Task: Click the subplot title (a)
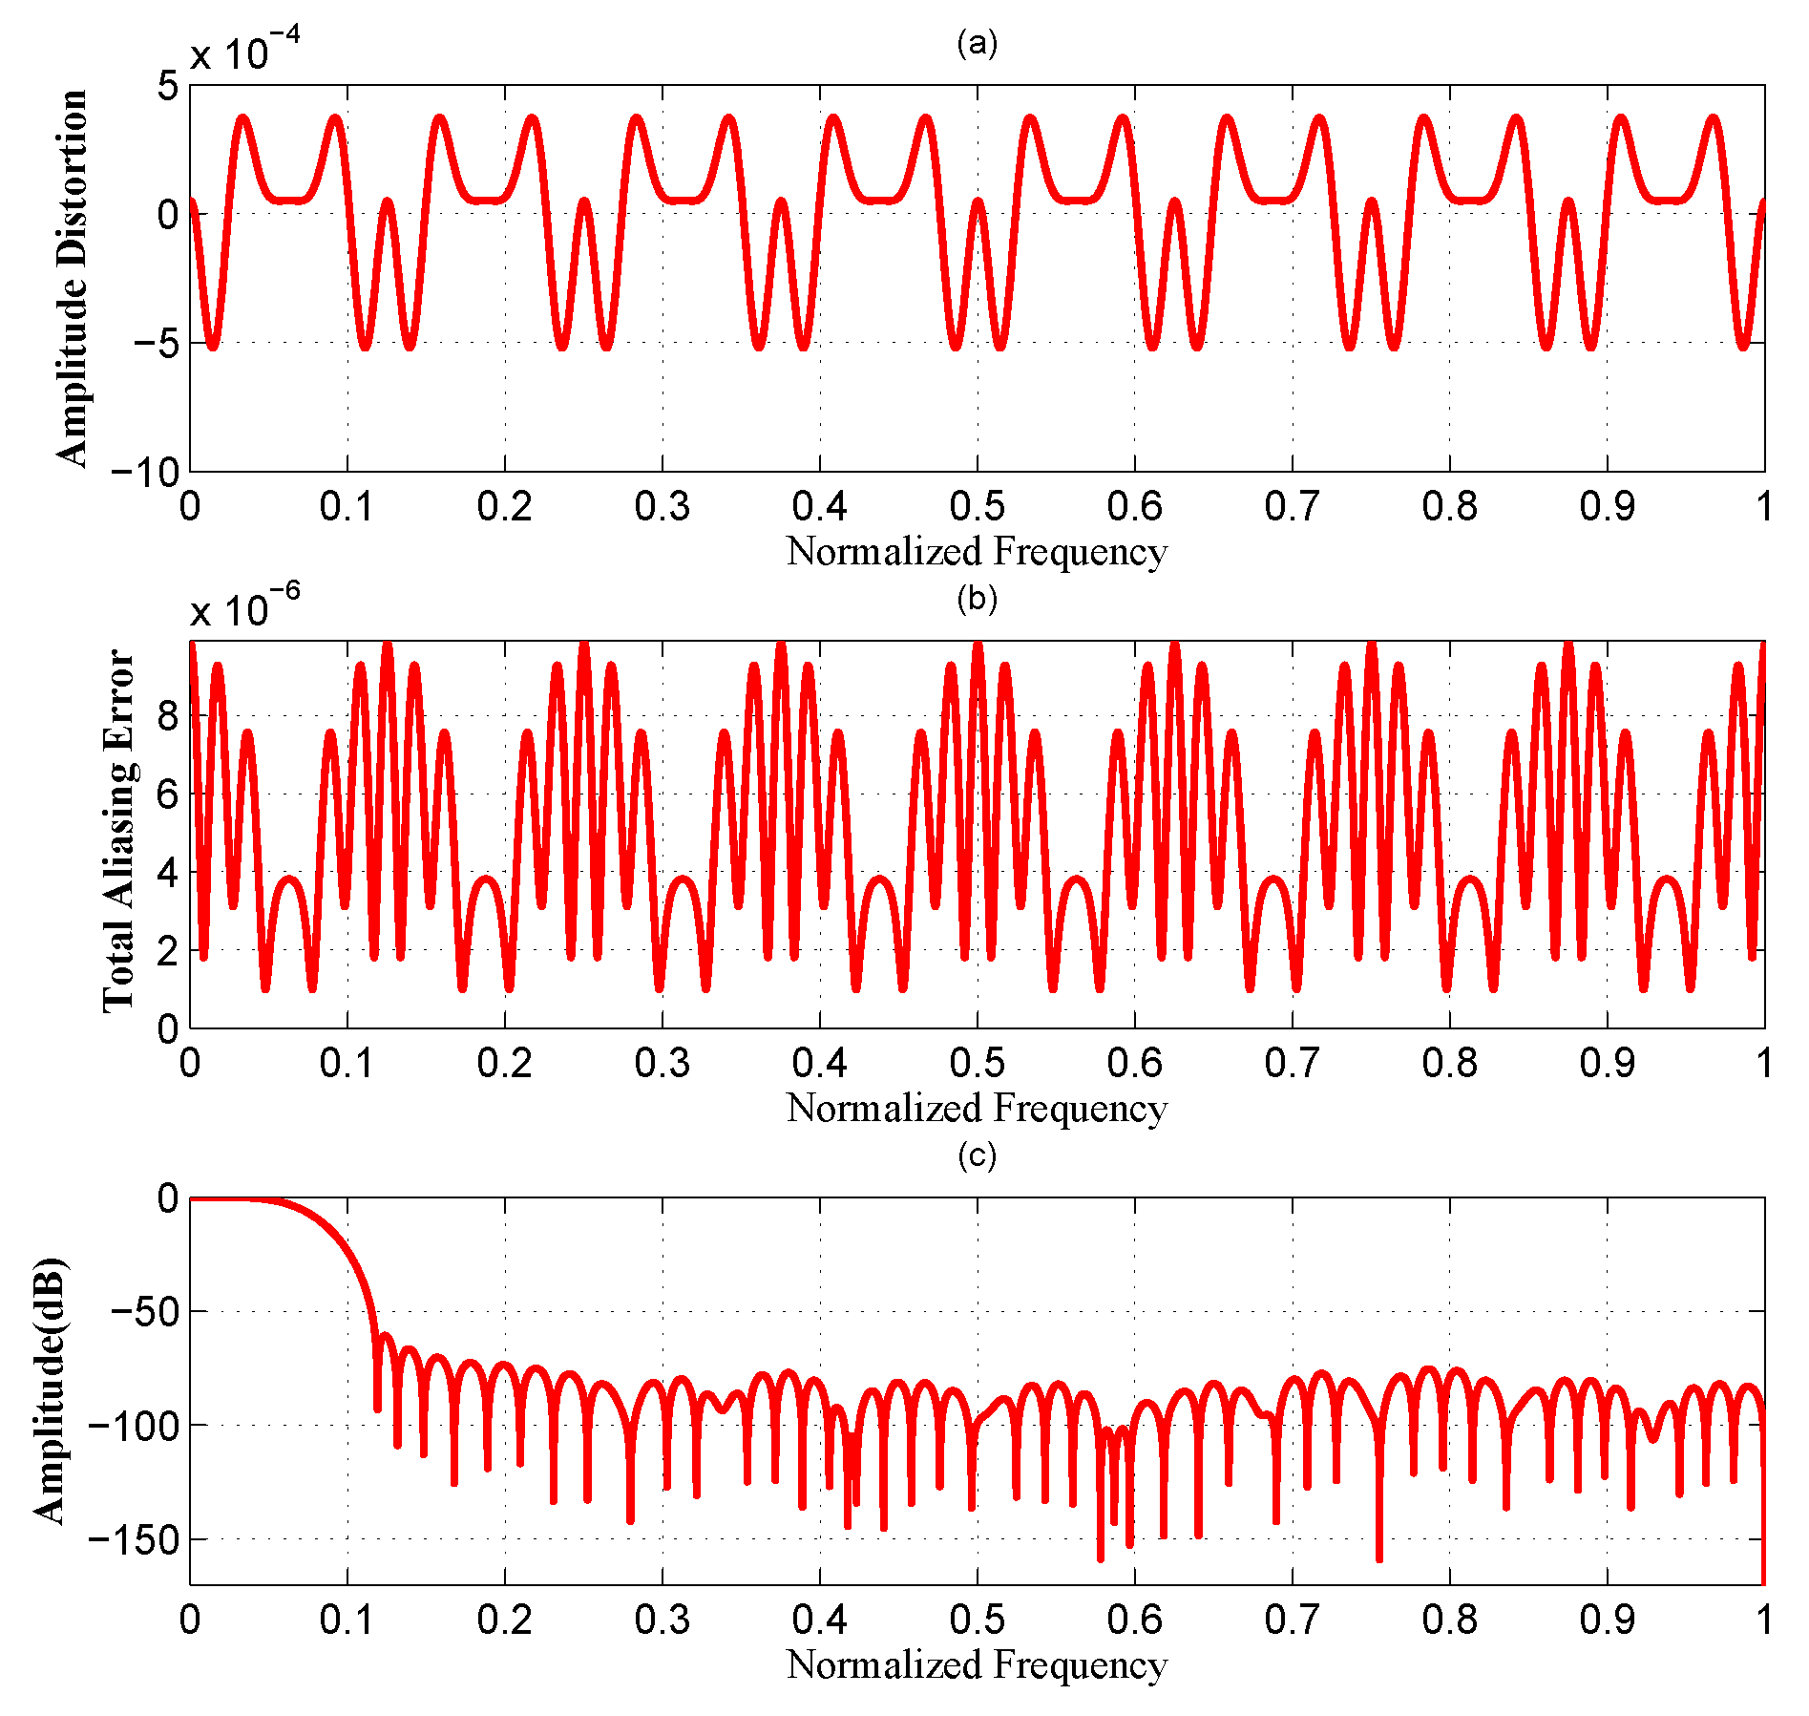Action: (x=977, y=43)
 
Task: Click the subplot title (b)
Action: (x=977, y=599)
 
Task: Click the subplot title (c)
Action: (x=977, y=1155)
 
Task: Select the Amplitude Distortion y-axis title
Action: (x=72, y=278)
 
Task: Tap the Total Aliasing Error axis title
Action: (x=119, y=831)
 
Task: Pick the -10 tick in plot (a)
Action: (x=145, y=472)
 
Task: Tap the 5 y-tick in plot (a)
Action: (x=168, y=86)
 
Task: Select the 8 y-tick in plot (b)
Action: (x=168, y=716)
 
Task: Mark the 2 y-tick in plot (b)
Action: (x=168, y=951)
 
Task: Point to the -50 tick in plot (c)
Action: (x=145, y=1311)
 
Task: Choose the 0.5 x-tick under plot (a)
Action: (x=977, y=506)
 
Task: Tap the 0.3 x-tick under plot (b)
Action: (x=662, y=1062)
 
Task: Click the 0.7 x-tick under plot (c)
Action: (x=1292, y=1619)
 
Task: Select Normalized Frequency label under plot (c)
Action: (x=977, y=1663)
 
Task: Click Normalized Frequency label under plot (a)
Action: (x=977, y=551)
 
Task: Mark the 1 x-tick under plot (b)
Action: (x=1763, y=1062)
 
